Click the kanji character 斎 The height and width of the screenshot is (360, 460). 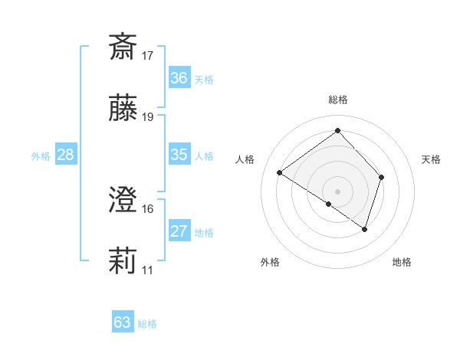pos(123,47)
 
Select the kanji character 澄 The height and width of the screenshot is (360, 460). pos(123,200)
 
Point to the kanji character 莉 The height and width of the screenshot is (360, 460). pos(123,261)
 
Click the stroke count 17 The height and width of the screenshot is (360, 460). pos(148,56)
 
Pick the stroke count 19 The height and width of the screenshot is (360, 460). pos(148,117)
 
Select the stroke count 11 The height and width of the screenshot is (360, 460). pos(148,270)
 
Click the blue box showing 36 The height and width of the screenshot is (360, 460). pos(179,78)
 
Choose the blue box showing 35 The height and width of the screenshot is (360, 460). pos(179,155)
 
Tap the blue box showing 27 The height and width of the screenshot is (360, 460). pos(179,231)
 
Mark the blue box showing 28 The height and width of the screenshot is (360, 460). pos(66,155)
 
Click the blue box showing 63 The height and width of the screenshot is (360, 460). pos(123,322)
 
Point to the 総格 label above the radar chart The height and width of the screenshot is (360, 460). pos(338,100)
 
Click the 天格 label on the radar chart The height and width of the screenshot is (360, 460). pos(431,159)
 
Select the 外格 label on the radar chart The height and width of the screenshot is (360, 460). pos(270,263)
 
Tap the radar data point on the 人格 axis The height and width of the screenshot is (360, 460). pos(280,173)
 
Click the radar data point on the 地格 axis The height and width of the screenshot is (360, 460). pos(365,229)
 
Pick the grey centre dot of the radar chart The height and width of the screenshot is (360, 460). pos(338,191)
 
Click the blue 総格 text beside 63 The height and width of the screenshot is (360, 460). pos(147,324)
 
